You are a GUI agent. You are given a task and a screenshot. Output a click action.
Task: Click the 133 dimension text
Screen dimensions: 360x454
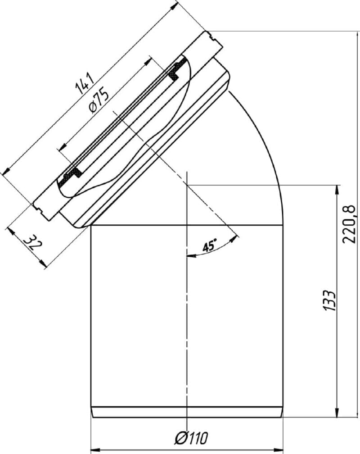329,300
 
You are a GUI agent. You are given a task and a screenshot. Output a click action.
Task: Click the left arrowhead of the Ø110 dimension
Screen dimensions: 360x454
95,450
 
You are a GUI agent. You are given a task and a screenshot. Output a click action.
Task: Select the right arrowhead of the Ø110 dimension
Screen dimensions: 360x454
278,450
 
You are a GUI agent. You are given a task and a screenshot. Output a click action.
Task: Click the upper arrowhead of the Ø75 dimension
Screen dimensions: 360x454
148,61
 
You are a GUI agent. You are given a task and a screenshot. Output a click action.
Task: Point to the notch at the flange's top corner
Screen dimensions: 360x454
212,37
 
